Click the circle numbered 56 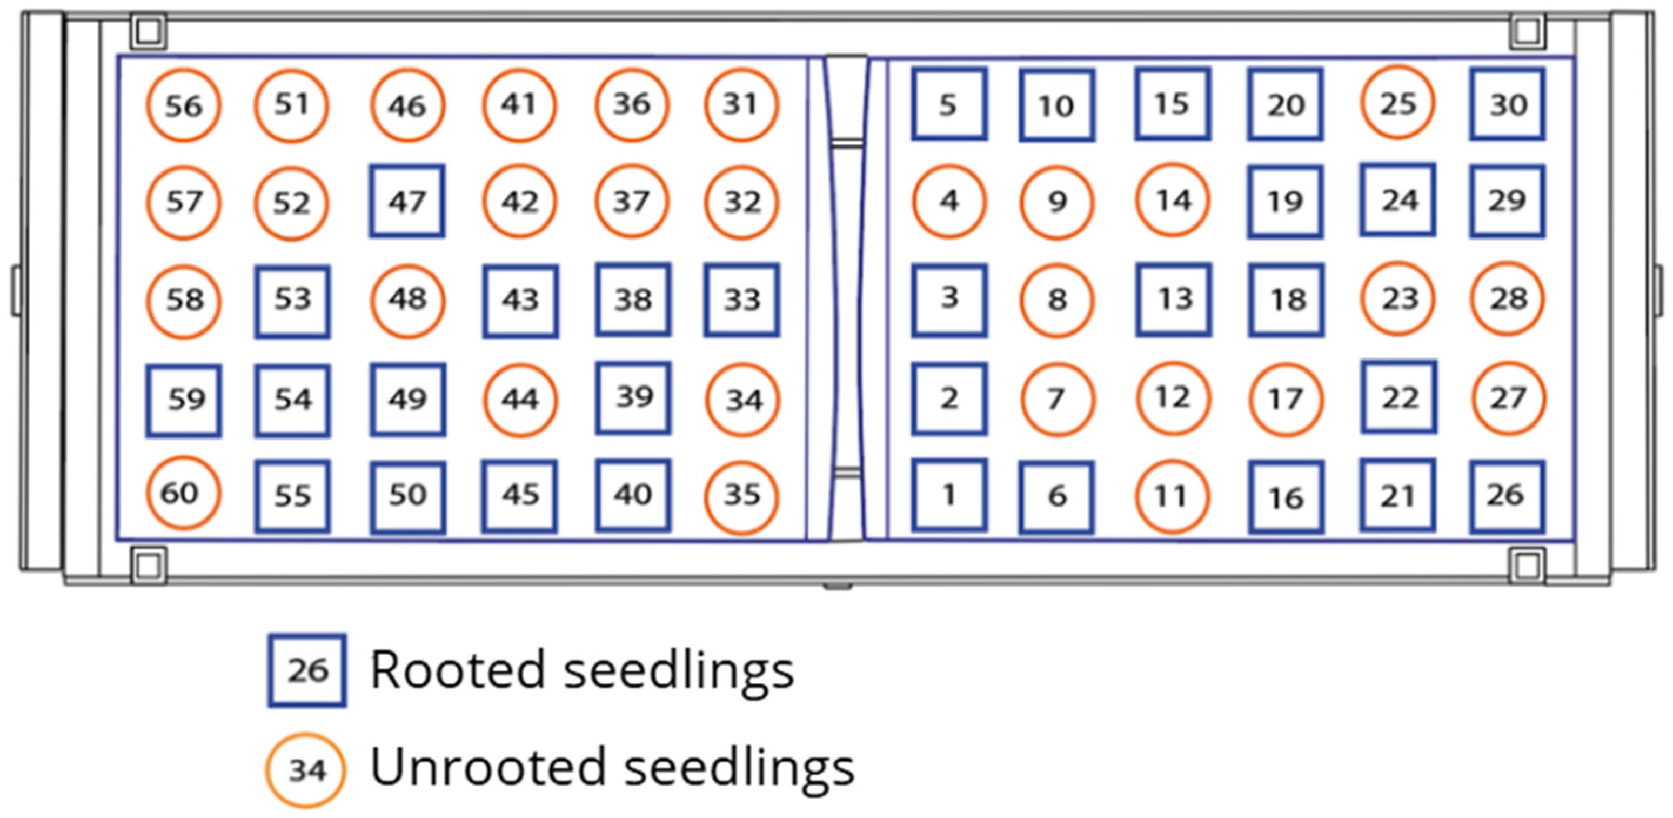[184, 105]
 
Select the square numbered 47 [407, 202]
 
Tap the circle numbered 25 [1397, 103]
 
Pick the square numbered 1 [949, 495]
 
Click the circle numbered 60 [182, 493]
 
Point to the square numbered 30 [1508, 104]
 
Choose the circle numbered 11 [1172, 496]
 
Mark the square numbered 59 [184, 400]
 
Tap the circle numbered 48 [408, 300]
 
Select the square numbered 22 [1398, 397]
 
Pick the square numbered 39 [633, 397]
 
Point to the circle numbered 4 [949, 202]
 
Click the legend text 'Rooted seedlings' [582, 670]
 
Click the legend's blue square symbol [307, 670]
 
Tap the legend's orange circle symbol [306, 770]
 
